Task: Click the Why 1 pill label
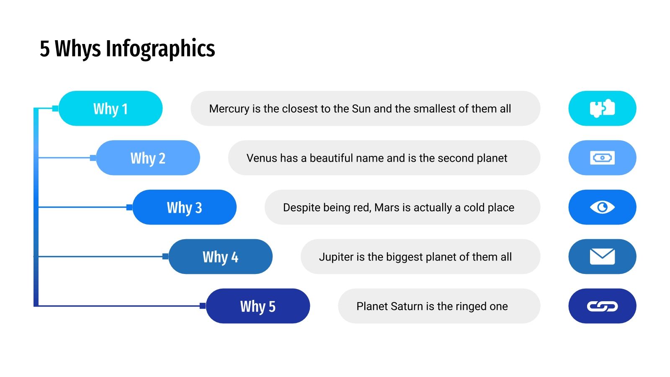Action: (x=111, y=108)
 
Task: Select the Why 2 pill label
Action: (x=148, y=158)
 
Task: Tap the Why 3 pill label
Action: (x=184, y=207)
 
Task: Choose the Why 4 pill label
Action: (x=220, y=257)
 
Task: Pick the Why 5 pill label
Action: (x=258, y=306)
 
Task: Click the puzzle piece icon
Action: (x=602, y=108)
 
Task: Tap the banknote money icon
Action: (x=602, y=158)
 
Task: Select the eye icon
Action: (x=602, y=207)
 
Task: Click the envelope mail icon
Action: (x=602, y=257)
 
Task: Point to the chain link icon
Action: (x=602, y=307)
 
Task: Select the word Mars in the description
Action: (x=387, y=208)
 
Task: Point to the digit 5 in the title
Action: (x=45, y=49)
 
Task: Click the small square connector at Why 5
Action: (x=203, y=306)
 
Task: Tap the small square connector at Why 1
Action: (x=55, y=108)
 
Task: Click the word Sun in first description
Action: (x=361, y=109)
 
